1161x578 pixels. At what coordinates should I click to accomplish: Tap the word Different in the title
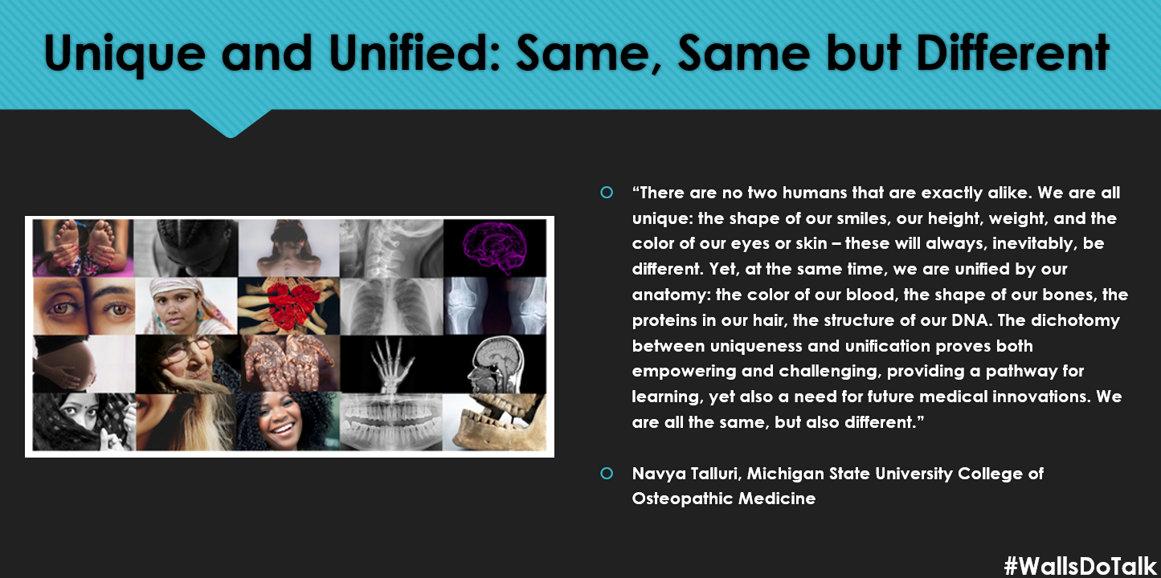1013,52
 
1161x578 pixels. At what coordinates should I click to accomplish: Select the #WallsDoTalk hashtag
1081,566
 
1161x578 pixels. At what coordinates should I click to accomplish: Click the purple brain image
494,247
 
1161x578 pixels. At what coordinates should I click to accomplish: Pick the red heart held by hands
288,306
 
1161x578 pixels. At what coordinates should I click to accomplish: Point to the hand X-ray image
391,364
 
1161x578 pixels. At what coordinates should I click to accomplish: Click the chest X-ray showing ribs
391,306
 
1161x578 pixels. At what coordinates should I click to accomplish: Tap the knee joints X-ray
494,306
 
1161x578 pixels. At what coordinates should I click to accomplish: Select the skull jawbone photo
494,421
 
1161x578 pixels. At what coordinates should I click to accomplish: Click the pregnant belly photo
84,364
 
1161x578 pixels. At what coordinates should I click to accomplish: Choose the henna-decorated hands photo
288,364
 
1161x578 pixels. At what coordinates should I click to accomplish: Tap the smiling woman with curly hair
288,421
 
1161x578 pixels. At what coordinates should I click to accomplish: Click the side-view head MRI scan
494,364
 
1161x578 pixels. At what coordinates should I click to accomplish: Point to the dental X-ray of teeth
391,421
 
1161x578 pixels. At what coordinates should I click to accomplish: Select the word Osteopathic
681,499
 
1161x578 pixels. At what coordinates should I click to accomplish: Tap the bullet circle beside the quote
607,193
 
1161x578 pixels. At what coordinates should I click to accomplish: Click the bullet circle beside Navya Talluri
607,474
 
